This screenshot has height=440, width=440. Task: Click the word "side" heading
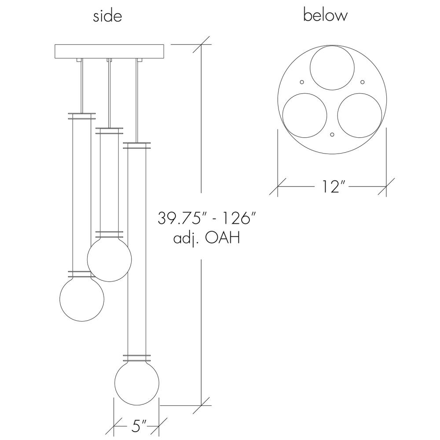click(107, 16)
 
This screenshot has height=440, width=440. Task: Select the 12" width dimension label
click(331, 187)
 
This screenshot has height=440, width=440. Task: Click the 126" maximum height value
click(238, 218)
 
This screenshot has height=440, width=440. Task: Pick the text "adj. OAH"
click(207, 239)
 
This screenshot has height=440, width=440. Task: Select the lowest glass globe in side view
click(137, 383)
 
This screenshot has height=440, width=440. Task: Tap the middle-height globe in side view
click(110, 259)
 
